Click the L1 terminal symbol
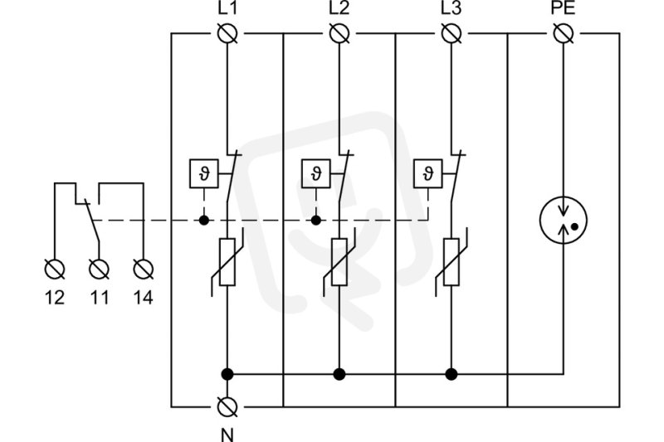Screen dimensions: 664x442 (227, 33)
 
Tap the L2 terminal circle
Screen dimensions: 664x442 (339, 33)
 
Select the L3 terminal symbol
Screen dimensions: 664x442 (452, 33)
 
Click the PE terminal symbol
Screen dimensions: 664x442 (564, 33)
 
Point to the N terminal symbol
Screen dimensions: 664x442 (227, 407)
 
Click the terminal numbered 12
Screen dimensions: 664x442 (55, 269)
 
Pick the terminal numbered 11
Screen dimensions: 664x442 (99, 269)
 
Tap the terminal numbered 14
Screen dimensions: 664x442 (144, 269)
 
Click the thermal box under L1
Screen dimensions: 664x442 (204, 173)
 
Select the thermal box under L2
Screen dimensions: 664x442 (316, 173)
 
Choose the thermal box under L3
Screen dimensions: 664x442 (428, 173)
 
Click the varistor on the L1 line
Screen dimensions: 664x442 (227, 262)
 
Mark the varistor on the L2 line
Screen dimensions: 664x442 (339, 262)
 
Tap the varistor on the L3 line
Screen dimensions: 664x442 (452, 262)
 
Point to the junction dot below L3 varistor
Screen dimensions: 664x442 (452, 374)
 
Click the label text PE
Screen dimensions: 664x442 (564, 8)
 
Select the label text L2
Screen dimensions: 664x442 (339, 8)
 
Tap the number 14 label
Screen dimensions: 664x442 (143, 298)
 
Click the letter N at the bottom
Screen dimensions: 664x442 (227, 435)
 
